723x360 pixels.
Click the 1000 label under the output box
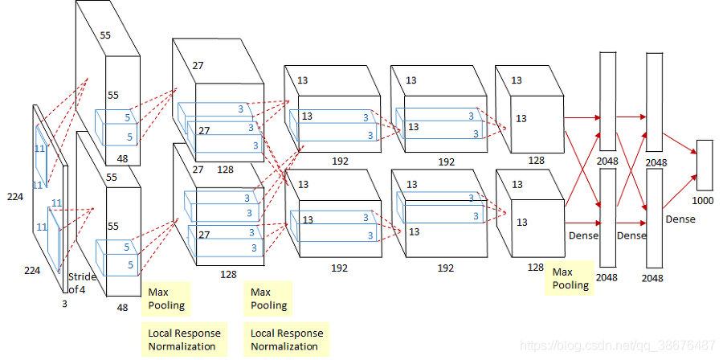(702, 201)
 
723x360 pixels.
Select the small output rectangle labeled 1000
(705, 165)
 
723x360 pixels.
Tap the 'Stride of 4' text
(82, 284)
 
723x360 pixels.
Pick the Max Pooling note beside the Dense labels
(570, 278)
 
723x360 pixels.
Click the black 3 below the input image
(64, 304)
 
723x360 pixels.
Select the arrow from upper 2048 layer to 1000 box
(680, 144)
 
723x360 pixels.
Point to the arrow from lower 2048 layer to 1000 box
(680, 191)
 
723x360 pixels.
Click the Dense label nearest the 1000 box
(680, 219)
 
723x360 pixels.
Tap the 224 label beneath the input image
(32, 271)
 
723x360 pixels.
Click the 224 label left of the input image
(15, 197)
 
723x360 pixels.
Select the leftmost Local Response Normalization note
(184, 339)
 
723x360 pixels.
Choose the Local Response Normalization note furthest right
(286, 339)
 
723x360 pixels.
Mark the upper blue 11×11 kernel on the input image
(41, 156)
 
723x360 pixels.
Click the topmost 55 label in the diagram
(105, 35)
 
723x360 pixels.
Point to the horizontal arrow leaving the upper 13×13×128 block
(582, 117)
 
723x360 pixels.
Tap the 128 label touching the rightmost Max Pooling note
(536, 267)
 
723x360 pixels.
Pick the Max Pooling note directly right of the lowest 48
(166, 299)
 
